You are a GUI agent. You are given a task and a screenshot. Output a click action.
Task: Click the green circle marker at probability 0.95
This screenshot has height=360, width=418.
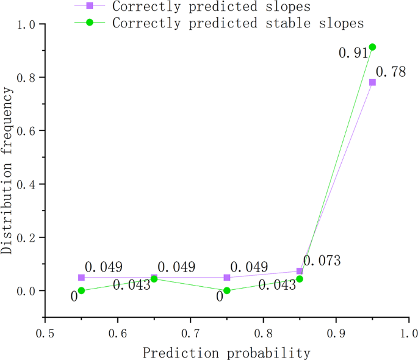tap(372, 47)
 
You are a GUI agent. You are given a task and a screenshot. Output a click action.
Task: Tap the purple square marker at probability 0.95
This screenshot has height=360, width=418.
tap(372, 82)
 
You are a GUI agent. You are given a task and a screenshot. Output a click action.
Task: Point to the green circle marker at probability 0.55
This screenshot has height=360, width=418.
tap(81, 290)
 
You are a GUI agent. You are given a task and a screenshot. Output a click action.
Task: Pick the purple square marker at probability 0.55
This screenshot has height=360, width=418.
tap(81, 278)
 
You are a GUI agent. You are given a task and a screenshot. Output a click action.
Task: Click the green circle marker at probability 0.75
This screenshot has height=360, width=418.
tap(227, 290)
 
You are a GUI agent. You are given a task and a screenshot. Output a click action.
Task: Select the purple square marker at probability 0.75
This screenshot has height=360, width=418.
tap(227, 278)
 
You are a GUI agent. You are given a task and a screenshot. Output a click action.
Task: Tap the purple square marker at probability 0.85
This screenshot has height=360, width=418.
tap(300, 271)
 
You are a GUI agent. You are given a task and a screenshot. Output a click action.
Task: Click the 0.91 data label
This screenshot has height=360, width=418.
tap(352, 53)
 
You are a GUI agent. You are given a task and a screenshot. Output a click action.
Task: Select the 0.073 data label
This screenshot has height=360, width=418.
tap(322, 261)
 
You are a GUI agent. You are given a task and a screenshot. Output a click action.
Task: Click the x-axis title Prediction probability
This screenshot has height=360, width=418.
tap(226, 353)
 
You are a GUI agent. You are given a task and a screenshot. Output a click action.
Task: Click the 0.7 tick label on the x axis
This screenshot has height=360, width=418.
tap(190, 334)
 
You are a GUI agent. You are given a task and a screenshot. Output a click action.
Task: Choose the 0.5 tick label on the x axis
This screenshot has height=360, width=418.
tap(45, 334)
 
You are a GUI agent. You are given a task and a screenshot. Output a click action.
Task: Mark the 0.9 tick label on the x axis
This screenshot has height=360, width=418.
tap(336, 334)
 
